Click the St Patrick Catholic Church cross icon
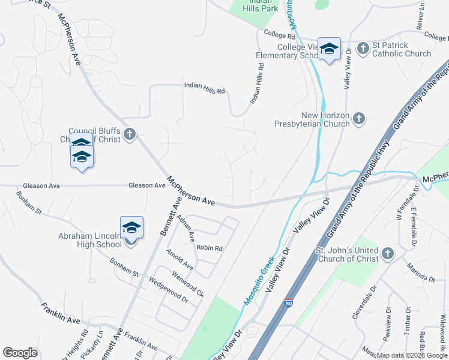pyautogui.click(x=363, y=48)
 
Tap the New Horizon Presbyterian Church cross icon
pyautogui.click(x=359, y=118)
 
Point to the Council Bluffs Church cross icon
pyautogui.click(x=130, y=134)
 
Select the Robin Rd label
pyautogui.click(x=209, y=248)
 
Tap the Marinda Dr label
pyautogui.click(x=420, y=275)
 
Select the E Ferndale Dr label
pyautogui.click(x=414, y=227)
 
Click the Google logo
pyautogui.click(x=20, y=352)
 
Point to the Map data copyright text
pyautogui.click(x=412, y=355)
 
